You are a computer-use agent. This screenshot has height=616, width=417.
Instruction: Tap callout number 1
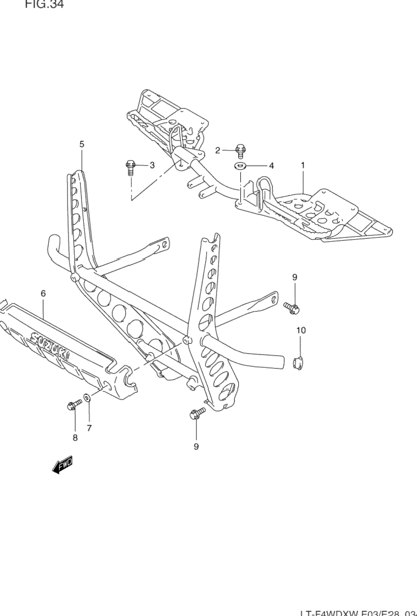click(303, 165)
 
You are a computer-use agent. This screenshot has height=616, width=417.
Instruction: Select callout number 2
click(218, 150)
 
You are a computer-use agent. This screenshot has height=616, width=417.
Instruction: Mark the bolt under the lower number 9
click(197, 413)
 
